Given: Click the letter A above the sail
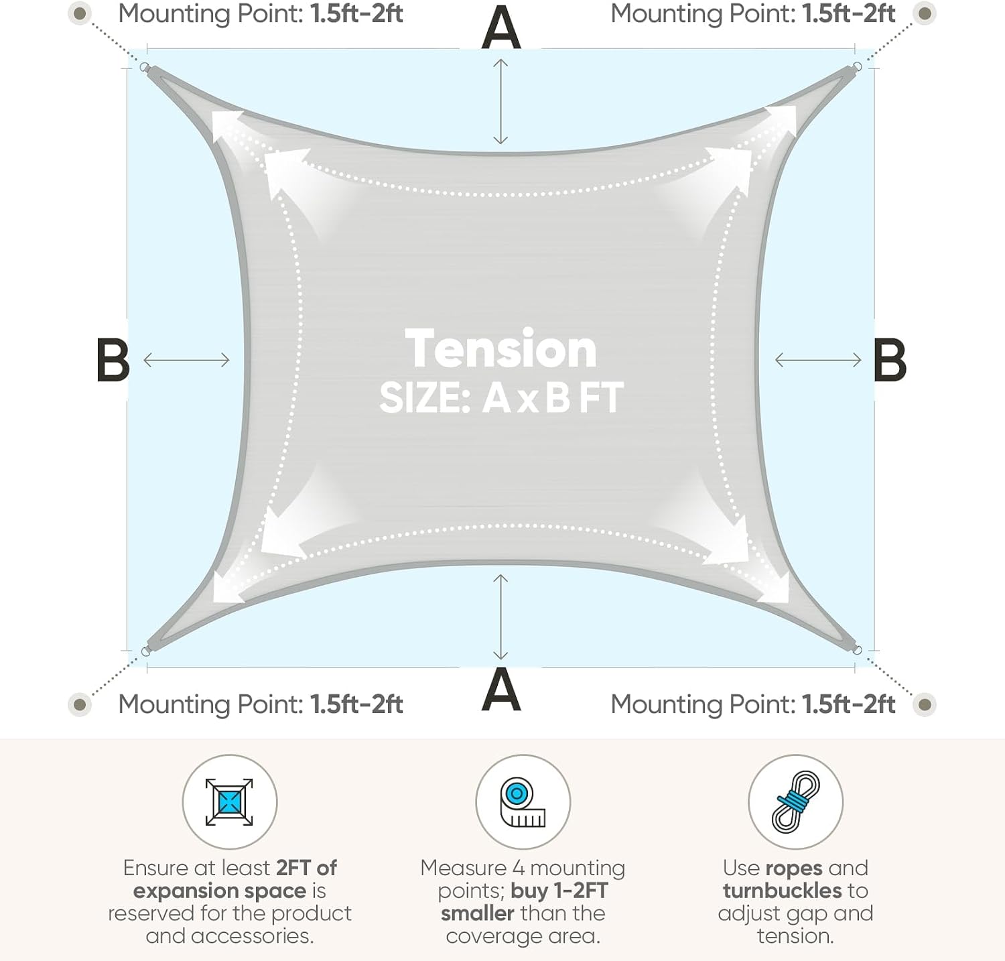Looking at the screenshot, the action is (x=501, y=27).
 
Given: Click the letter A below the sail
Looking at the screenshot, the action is (x=501, y=690).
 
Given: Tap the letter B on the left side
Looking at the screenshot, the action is (x=113, y=360).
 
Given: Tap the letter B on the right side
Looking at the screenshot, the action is (x=890, y=360).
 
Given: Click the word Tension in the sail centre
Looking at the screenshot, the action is (x=501, y=349).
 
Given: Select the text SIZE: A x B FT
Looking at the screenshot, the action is (x=501, y=397).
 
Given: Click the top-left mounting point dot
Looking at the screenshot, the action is (x=80, y=13).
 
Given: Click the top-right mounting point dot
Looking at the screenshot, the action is (x=925, y=13).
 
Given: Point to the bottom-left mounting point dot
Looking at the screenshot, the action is (x=80, y=704).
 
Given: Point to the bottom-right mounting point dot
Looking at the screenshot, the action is (x=925, y=704).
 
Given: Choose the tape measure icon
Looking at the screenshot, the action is (x=523, y=802).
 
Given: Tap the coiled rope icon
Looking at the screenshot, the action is (x=795, y=802).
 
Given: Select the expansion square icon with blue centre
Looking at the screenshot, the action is (x=229, y=802).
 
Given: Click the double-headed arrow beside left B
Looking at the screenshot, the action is (x=186, y=360).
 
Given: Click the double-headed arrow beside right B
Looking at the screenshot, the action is (x=817, y=360).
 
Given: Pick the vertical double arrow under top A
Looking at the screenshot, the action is (x=500, y=101).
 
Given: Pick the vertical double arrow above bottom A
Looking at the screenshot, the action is (x=500, y=617).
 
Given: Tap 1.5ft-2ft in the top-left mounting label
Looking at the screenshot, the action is (x=356, y=13).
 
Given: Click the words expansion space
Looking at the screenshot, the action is (x=220, y=891).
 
